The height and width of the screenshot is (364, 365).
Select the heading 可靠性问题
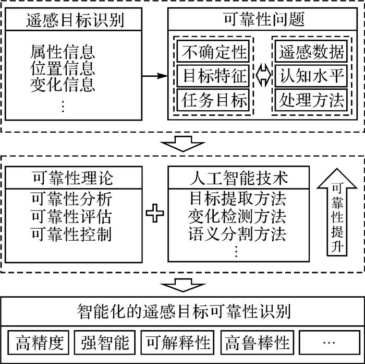pos(261,20)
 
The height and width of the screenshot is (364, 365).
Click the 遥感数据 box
pos(310,52)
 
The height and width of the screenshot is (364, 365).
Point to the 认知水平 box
pos(310,76)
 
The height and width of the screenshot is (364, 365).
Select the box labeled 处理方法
pos(310,100)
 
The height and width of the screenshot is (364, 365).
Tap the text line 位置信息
pos(63,68)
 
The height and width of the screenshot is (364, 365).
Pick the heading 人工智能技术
pos(237,179)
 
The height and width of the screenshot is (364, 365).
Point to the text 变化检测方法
pos(237,216)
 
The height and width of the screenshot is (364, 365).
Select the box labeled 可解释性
pos(178,343)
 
